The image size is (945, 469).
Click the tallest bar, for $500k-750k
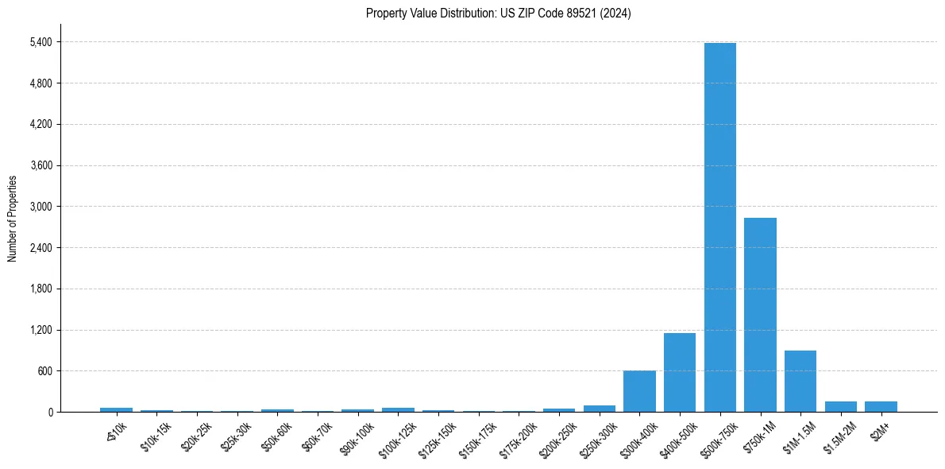(719, 227)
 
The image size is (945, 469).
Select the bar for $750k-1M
(760, 315)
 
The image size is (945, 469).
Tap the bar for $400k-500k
(680, 372)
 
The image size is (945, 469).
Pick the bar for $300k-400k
(639, 391)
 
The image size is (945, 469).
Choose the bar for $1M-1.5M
(800, 381)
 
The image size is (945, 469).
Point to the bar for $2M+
(881, 406)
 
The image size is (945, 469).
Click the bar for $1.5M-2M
(841, 406)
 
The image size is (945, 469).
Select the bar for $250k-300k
(600, 409)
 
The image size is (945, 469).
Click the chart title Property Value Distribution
(499, 14)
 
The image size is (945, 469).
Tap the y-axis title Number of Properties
(12, 218)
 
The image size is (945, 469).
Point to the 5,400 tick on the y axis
(40, 42)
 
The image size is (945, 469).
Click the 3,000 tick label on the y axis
(40, 207)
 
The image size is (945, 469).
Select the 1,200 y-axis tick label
(40, 330)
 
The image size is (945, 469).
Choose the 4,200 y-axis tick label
(40, 125)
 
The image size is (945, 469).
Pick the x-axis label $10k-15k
(156, 435)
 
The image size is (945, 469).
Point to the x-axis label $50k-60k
(277, 435)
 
